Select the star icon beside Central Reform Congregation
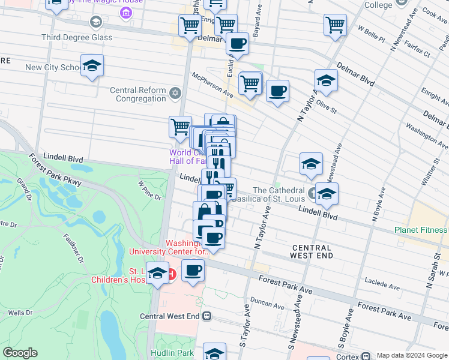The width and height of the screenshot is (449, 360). point(175,92)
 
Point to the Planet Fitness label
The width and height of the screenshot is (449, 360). point(420,230)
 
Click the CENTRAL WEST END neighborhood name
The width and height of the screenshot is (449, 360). point(312,251)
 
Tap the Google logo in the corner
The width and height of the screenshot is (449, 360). point(20,353)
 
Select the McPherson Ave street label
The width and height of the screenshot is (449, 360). point(212,85)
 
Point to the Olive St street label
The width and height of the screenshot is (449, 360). point(327,107)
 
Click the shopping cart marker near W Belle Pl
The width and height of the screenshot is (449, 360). point(335,25)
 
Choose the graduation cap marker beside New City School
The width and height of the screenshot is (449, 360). point(92,65)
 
